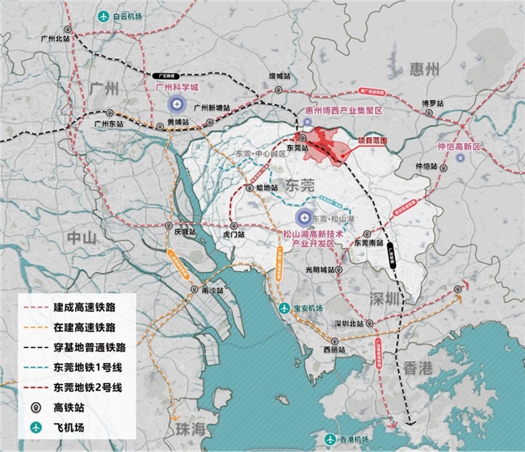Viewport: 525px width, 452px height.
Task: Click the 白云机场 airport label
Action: [x=133, y=16]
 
